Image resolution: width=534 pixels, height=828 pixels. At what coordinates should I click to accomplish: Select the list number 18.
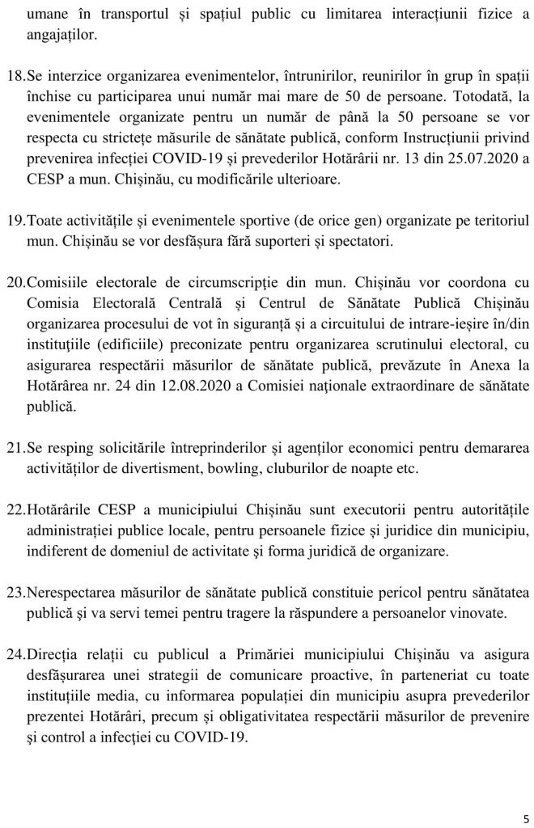(x=17, y=76)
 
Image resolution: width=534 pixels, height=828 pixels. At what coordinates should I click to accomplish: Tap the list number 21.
(x=17, y=446)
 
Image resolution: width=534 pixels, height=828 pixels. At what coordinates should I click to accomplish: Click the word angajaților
(x=63, y=34)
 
